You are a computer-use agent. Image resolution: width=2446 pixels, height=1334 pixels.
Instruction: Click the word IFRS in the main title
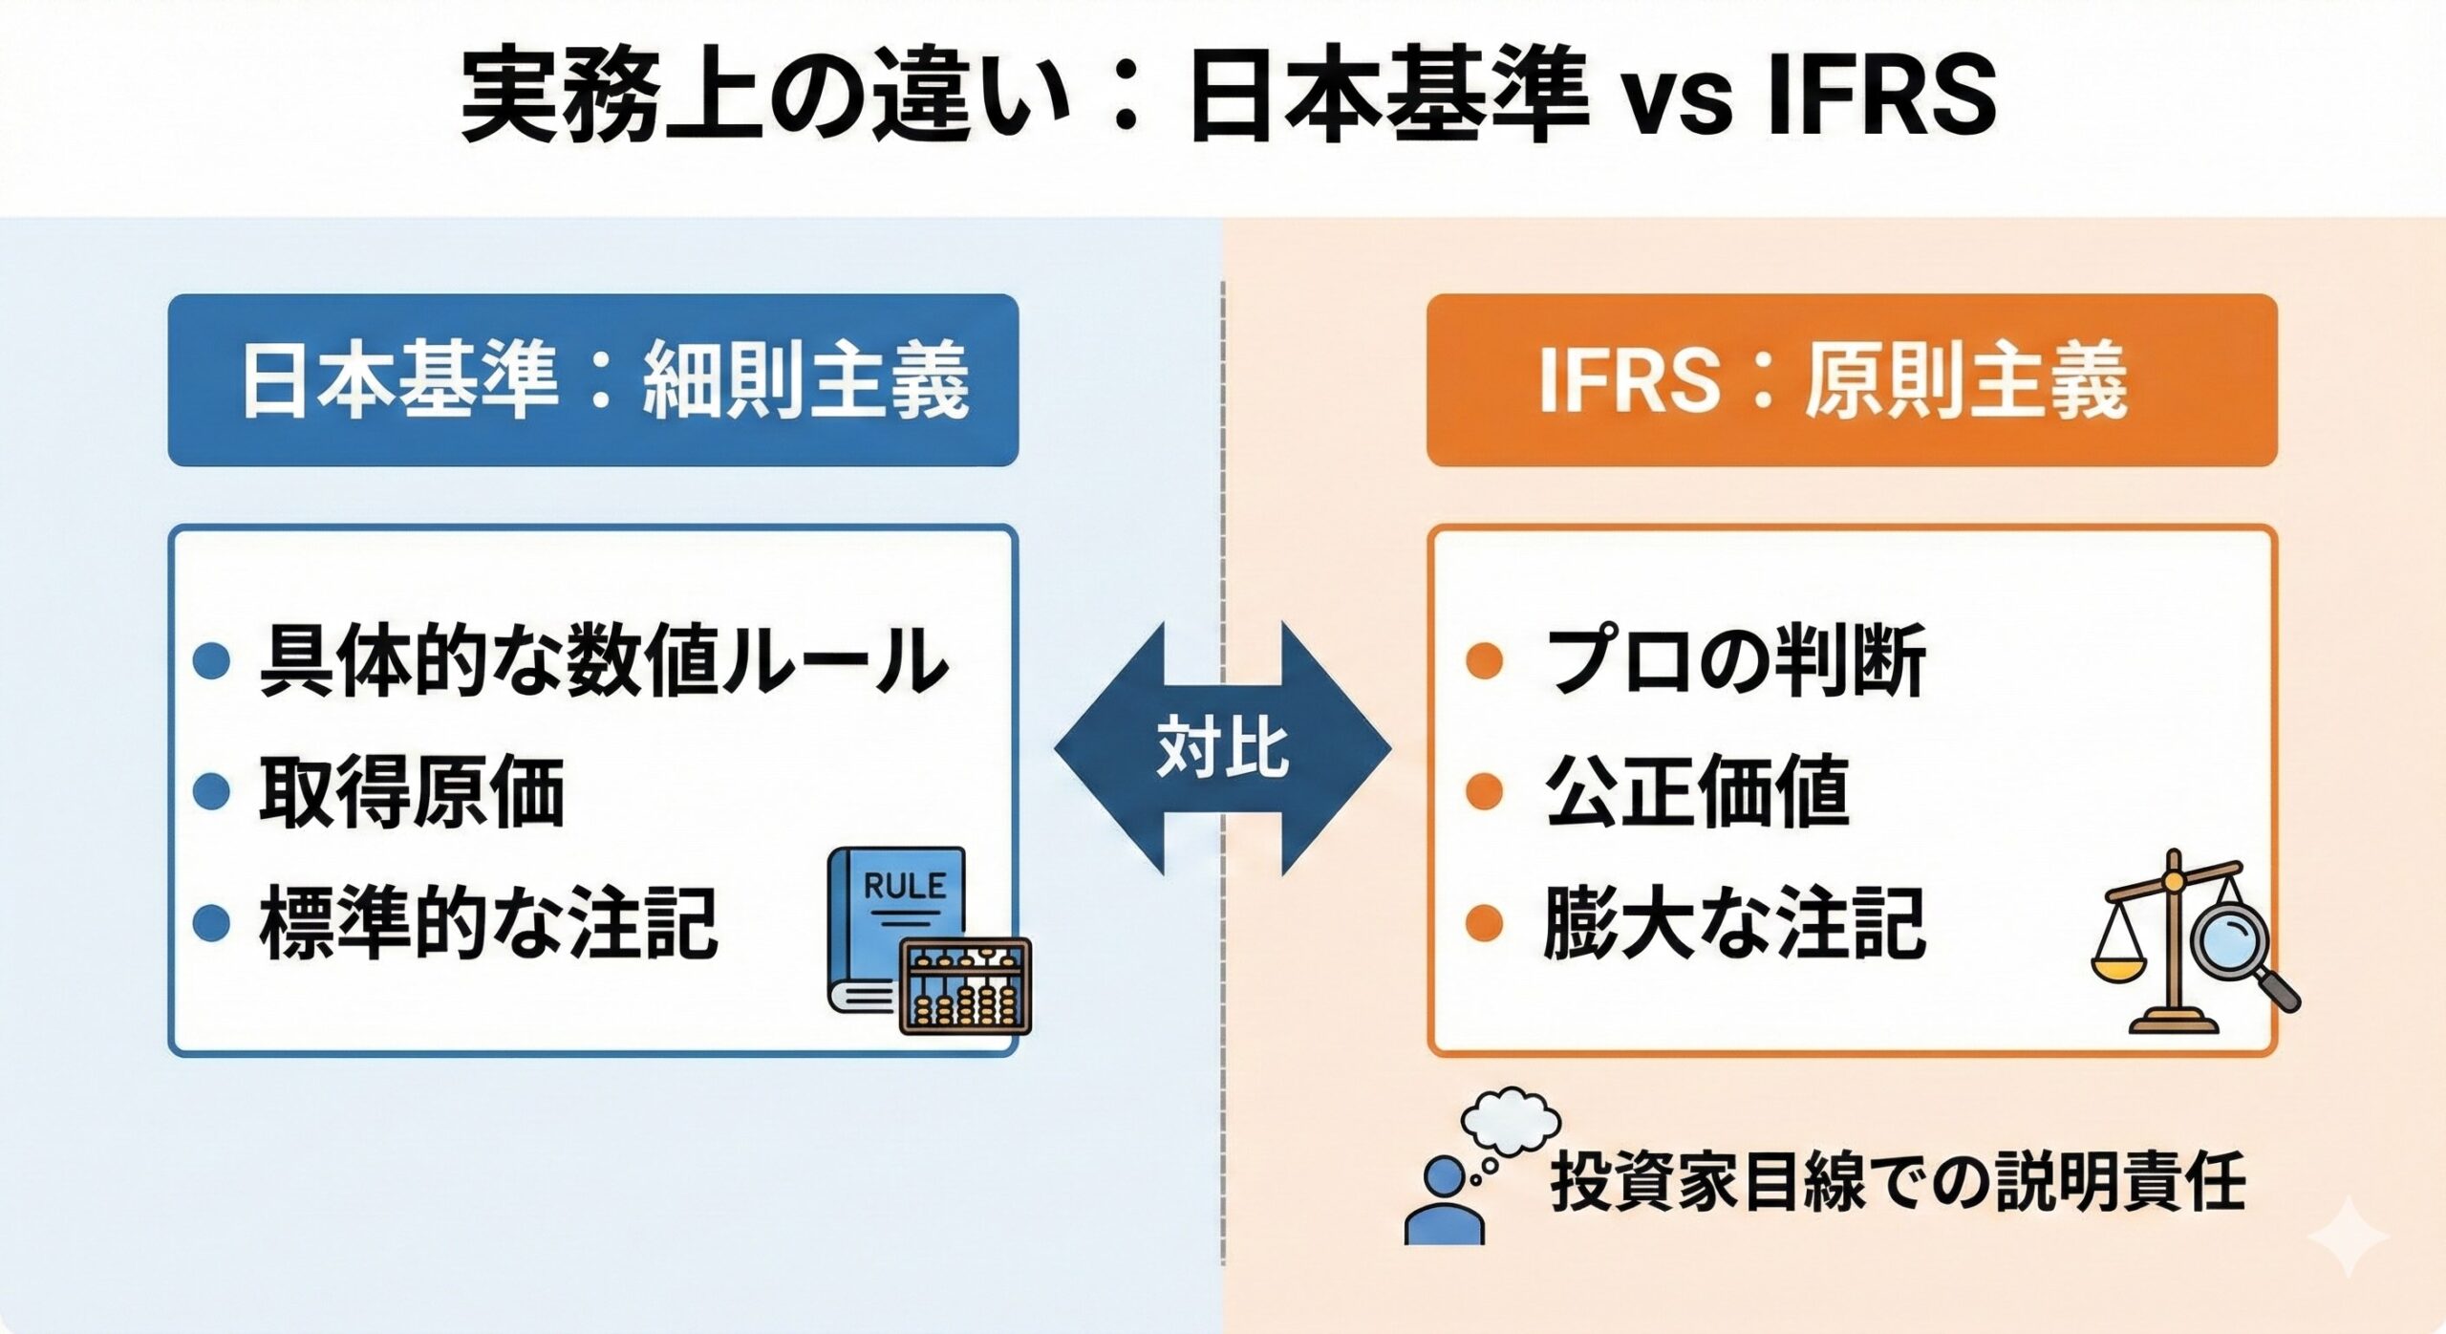(x=1880, y=96)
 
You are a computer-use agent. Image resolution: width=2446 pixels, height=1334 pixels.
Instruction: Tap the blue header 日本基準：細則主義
(x=593, y=380)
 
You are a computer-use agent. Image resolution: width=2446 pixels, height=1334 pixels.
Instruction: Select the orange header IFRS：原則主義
(x=1851, y=380)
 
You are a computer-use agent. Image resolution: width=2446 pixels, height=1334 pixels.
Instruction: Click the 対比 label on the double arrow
(x=1223, y=747)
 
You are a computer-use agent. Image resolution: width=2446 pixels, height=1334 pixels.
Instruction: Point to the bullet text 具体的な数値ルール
(x=603, y=661)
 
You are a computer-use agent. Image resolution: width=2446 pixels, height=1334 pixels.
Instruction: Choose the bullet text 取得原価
(x=412, y=792)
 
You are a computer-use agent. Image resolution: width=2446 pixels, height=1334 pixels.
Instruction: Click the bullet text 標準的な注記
(x=488, y=923)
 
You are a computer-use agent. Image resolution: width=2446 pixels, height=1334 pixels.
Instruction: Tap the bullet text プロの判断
(x=1735, y=661)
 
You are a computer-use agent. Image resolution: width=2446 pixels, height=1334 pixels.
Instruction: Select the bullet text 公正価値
(x=1697, y=792)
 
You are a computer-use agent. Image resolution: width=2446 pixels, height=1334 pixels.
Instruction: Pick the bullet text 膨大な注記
(x=1733, y=923)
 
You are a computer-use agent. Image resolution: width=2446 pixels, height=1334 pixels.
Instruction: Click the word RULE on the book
(x=904, y=885)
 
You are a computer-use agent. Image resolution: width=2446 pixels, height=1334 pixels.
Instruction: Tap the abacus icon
(x=965, y=986)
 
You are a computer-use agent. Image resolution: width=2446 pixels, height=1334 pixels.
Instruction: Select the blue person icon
(x=1445, y=1202)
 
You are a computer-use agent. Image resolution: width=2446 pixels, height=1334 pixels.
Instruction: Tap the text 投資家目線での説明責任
(x=1898, y=1183)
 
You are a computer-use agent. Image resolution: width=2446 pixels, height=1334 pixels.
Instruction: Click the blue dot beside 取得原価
(x=211, y=792)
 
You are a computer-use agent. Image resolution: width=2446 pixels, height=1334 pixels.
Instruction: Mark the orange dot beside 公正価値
(x=1484, y=792)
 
